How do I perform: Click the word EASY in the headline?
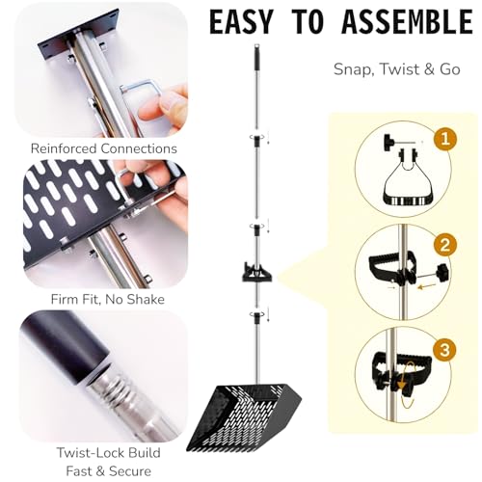[240, 22]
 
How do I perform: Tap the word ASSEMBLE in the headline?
[407, 22]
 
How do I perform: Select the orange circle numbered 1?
[445, 140]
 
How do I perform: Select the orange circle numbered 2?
[445, 245]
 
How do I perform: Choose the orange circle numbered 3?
[445, 349]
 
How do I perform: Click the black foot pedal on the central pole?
[256, 273]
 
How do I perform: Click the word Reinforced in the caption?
[64, 148]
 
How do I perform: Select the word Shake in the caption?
[146, 300]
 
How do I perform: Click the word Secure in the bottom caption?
[130, 471]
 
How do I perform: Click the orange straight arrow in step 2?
[427, 285]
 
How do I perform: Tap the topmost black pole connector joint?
[257, 141]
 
